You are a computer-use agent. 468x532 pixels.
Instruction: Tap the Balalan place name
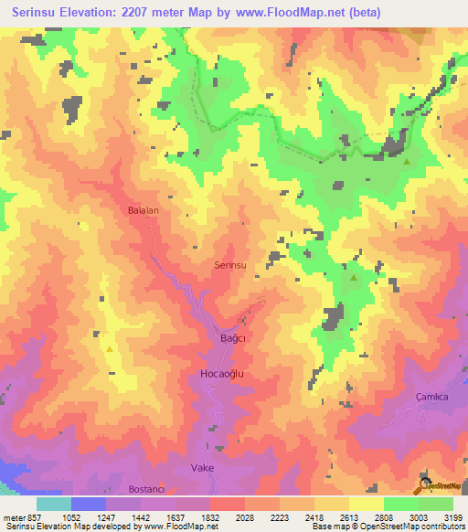coord(144,210)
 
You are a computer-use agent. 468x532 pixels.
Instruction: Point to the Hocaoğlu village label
coord(224,375)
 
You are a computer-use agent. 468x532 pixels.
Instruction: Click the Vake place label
coord(202,467)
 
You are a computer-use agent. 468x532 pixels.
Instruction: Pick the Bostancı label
coord(145,489)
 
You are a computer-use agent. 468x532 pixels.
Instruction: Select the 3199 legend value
coord(453,517)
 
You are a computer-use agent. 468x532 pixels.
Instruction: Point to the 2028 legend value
coord(245,517)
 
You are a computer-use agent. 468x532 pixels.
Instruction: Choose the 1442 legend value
coord(141,517)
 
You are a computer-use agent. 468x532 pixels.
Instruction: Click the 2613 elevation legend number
coord(349,517)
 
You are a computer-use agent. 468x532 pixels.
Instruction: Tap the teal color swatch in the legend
coord(54,504)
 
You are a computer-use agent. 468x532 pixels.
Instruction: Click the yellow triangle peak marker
coord(111,348)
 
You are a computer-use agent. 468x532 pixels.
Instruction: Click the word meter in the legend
coord(13,517)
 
